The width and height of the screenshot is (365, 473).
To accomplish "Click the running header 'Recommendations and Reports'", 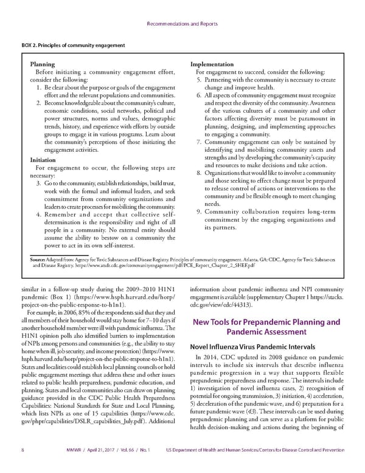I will (x=182, y=25).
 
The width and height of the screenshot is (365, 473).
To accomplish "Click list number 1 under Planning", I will (x=40, y=88).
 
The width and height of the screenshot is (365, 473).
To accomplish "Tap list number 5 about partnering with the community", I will (x=200, y=80).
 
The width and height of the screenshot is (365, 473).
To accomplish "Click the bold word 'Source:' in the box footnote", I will (x=39, y=260).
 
